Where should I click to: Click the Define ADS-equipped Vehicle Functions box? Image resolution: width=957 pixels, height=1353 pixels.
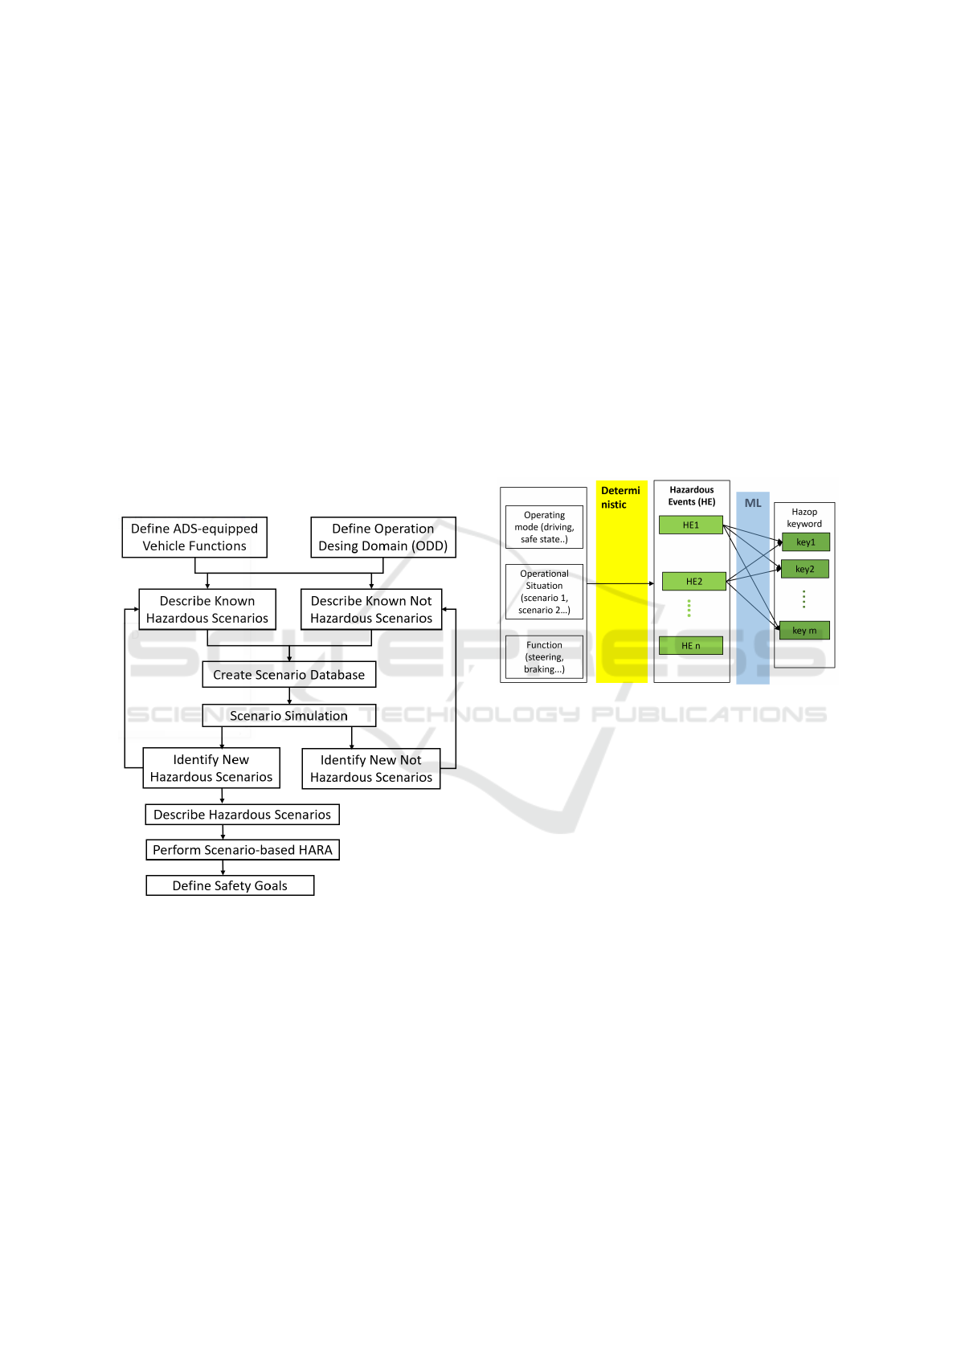click(x=194, y=537)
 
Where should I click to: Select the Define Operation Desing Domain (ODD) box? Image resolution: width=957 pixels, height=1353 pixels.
click(x=383, y=537)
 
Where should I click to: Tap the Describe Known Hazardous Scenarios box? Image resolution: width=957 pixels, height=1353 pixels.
click(x=207, y=610)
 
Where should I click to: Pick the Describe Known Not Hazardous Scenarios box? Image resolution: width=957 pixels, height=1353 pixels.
click(x=371, y=610)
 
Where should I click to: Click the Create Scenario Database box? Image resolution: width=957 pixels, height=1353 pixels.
click(x=288, y=675)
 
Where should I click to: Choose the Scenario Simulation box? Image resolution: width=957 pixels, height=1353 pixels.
click(x=288, y=716)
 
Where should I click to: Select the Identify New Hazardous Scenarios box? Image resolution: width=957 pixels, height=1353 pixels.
click(x=211, y=768)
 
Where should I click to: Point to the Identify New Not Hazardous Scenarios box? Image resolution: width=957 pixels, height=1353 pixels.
click(x=371, y=768)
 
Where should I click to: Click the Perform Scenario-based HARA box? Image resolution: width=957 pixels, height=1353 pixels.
click(x=243, y=850)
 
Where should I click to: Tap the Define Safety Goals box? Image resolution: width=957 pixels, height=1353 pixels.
click(x=230, y=885)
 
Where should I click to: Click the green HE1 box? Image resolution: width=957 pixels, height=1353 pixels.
click(x=690, y=525)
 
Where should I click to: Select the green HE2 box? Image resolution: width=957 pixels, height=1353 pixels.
click(x=694, y=581)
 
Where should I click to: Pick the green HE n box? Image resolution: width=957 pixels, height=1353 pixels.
click(x=690, y=646)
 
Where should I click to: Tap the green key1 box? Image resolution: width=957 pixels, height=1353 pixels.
click(x=806, y=542)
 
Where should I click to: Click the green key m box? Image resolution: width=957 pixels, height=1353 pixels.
click(x=805, y=630)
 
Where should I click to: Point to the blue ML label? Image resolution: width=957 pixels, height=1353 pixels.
click(x=753, y=502)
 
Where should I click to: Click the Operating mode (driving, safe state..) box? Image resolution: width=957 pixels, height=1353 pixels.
click(x=544, y=527)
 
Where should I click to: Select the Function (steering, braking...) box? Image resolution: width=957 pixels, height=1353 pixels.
click(x=544, y=657)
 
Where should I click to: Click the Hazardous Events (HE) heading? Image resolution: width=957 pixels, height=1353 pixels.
click(x=692, y=495)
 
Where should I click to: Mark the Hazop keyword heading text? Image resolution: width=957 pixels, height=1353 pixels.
click(x=804, y=517)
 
